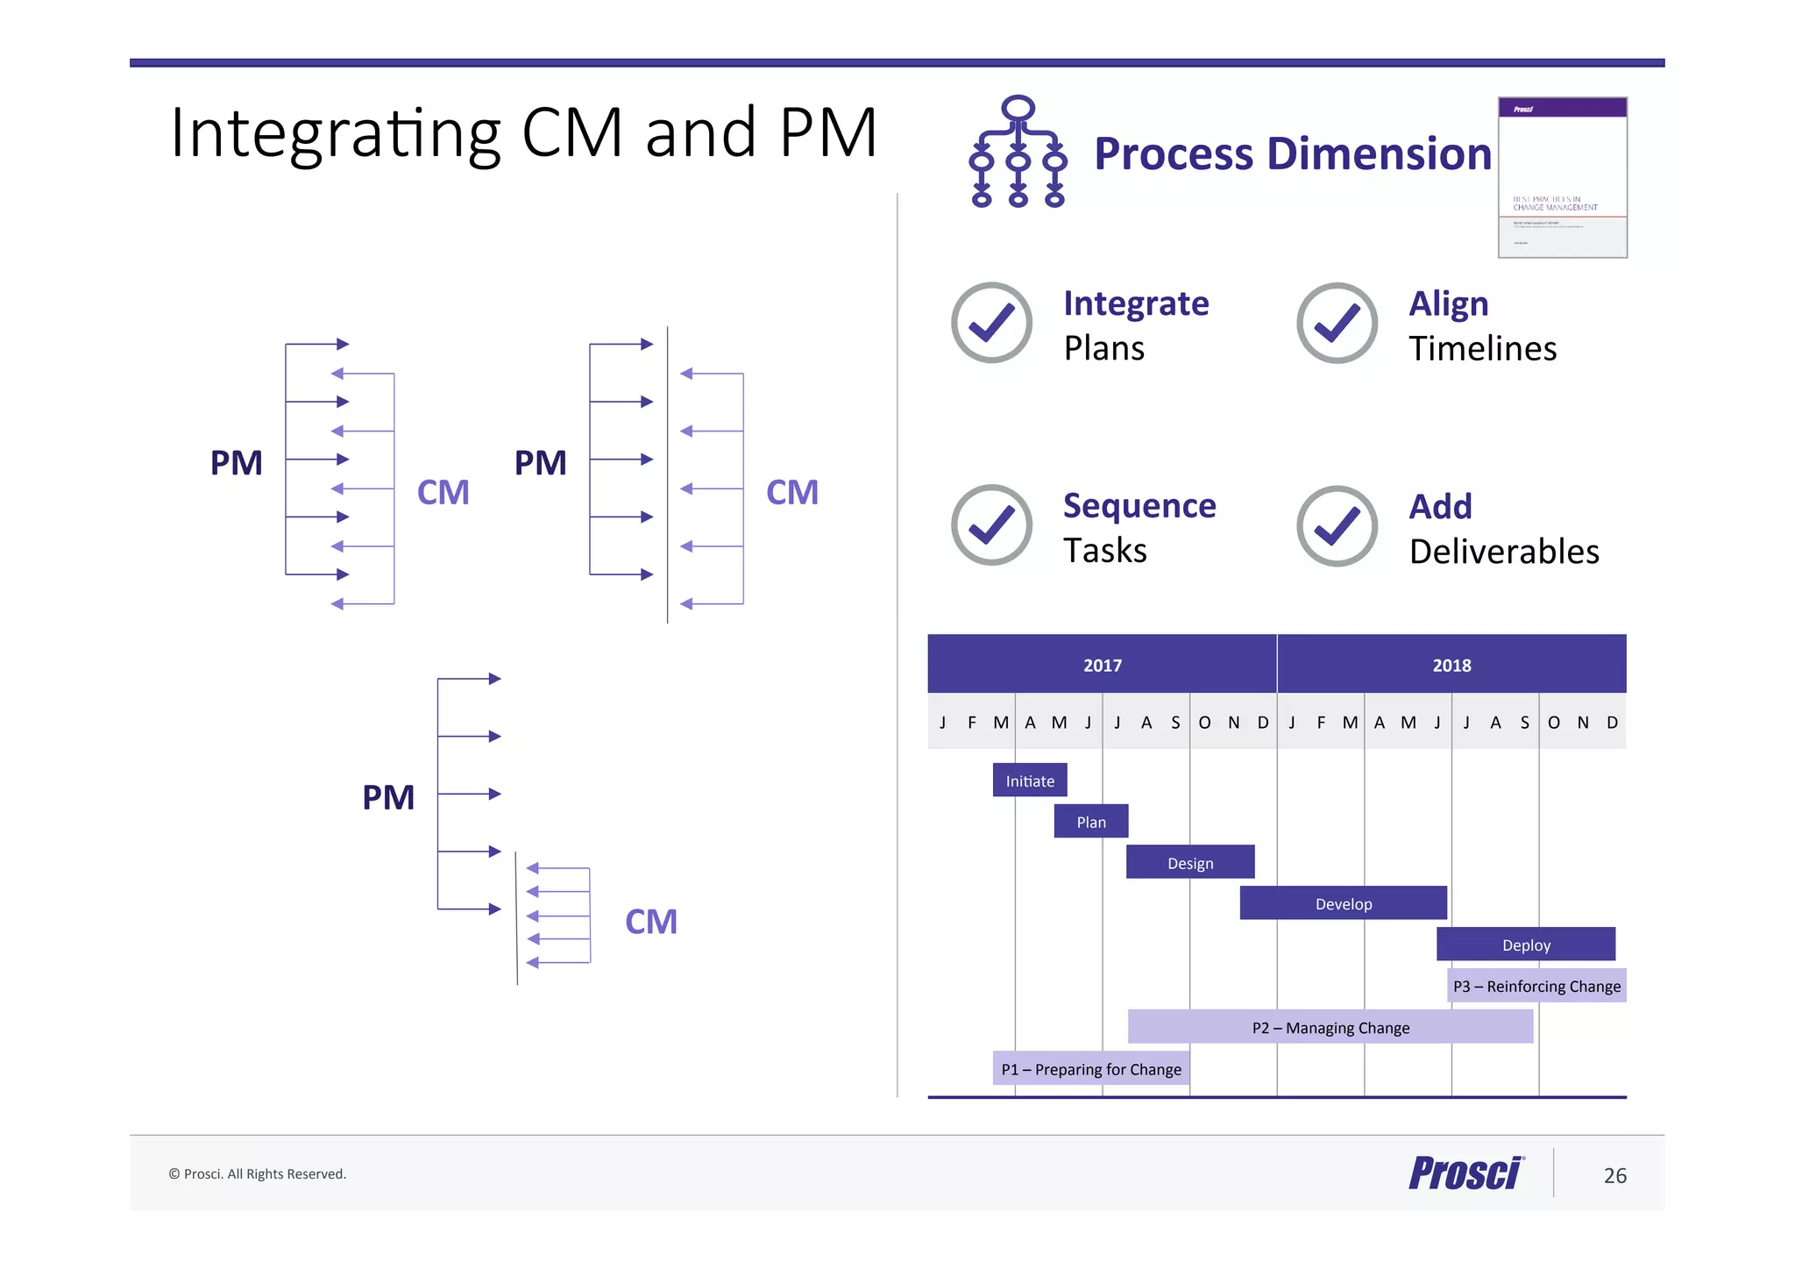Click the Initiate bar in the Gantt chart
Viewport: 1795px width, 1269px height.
click(1029, 780)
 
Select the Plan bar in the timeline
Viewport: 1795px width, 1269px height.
click(1090, 821)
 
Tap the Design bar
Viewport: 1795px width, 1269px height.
click(1189, 862)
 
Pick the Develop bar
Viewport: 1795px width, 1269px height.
click(1343, 903)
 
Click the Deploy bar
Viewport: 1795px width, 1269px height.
click(1525, 945)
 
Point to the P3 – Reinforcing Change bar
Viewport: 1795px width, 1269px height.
click(1536, 986)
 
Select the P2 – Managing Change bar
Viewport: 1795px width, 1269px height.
click(1330, 1027)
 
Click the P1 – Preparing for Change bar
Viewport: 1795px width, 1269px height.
click(1090, 1068)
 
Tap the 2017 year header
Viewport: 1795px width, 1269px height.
click(1102, 665)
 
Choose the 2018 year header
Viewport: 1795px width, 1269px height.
click(1451, 665)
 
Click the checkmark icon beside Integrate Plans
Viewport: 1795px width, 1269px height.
click(991, 323)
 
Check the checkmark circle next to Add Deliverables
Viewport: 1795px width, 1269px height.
click(1337, 526)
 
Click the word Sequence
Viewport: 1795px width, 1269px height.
click(1139, 506)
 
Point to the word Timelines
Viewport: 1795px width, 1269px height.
click(1482, 349)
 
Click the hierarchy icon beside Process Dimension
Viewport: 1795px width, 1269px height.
click(1018, 152)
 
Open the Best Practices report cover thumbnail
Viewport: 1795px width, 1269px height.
click(1562, 177)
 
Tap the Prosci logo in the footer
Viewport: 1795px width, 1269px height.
click(1465, 1173)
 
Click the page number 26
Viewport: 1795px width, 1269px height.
click(1614, 1175)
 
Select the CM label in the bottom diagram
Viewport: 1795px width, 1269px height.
click(650, 922)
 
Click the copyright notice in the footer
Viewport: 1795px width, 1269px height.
click(258, 1173)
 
